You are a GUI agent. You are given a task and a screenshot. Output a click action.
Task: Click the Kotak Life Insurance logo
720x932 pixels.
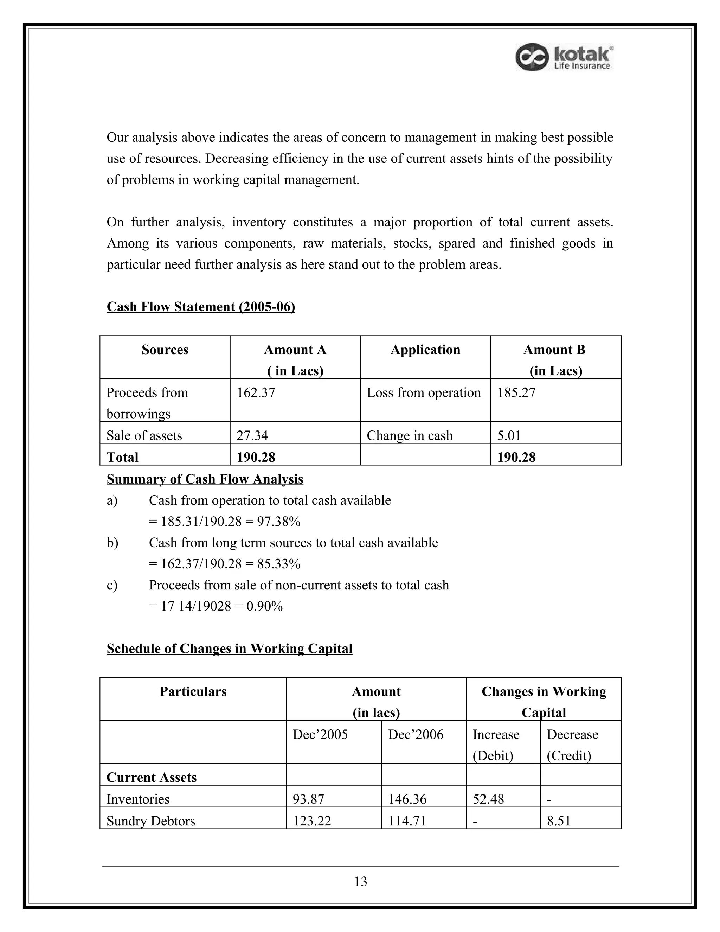[564, 57]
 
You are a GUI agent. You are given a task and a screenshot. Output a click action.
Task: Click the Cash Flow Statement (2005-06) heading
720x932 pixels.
[200, 306]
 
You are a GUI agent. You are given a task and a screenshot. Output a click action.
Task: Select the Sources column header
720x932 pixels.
[165, 350]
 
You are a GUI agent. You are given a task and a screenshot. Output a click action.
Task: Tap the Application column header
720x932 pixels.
[425, 350]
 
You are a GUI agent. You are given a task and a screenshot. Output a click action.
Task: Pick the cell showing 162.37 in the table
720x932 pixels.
[256, 392]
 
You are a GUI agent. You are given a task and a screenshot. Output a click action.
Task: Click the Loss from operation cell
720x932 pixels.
[424, 392]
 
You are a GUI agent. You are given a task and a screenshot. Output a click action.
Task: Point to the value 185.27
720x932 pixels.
[516, 392]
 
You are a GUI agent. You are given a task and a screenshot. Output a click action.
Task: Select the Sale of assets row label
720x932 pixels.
[144, 435]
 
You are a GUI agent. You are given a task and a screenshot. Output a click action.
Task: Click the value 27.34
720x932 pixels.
[252, 435]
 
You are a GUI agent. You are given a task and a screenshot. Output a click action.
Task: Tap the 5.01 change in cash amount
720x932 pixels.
[509, 435]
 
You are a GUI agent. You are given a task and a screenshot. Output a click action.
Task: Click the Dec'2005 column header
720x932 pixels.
[320, 734]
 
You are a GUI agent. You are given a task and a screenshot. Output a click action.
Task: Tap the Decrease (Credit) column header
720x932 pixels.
[572, 744]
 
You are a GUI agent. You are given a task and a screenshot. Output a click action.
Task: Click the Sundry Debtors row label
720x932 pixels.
[150, 821]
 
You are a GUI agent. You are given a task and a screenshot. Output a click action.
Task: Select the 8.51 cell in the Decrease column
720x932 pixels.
[558, 821]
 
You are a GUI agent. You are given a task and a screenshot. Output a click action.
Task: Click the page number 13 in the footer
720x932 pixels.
[360, 881]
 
